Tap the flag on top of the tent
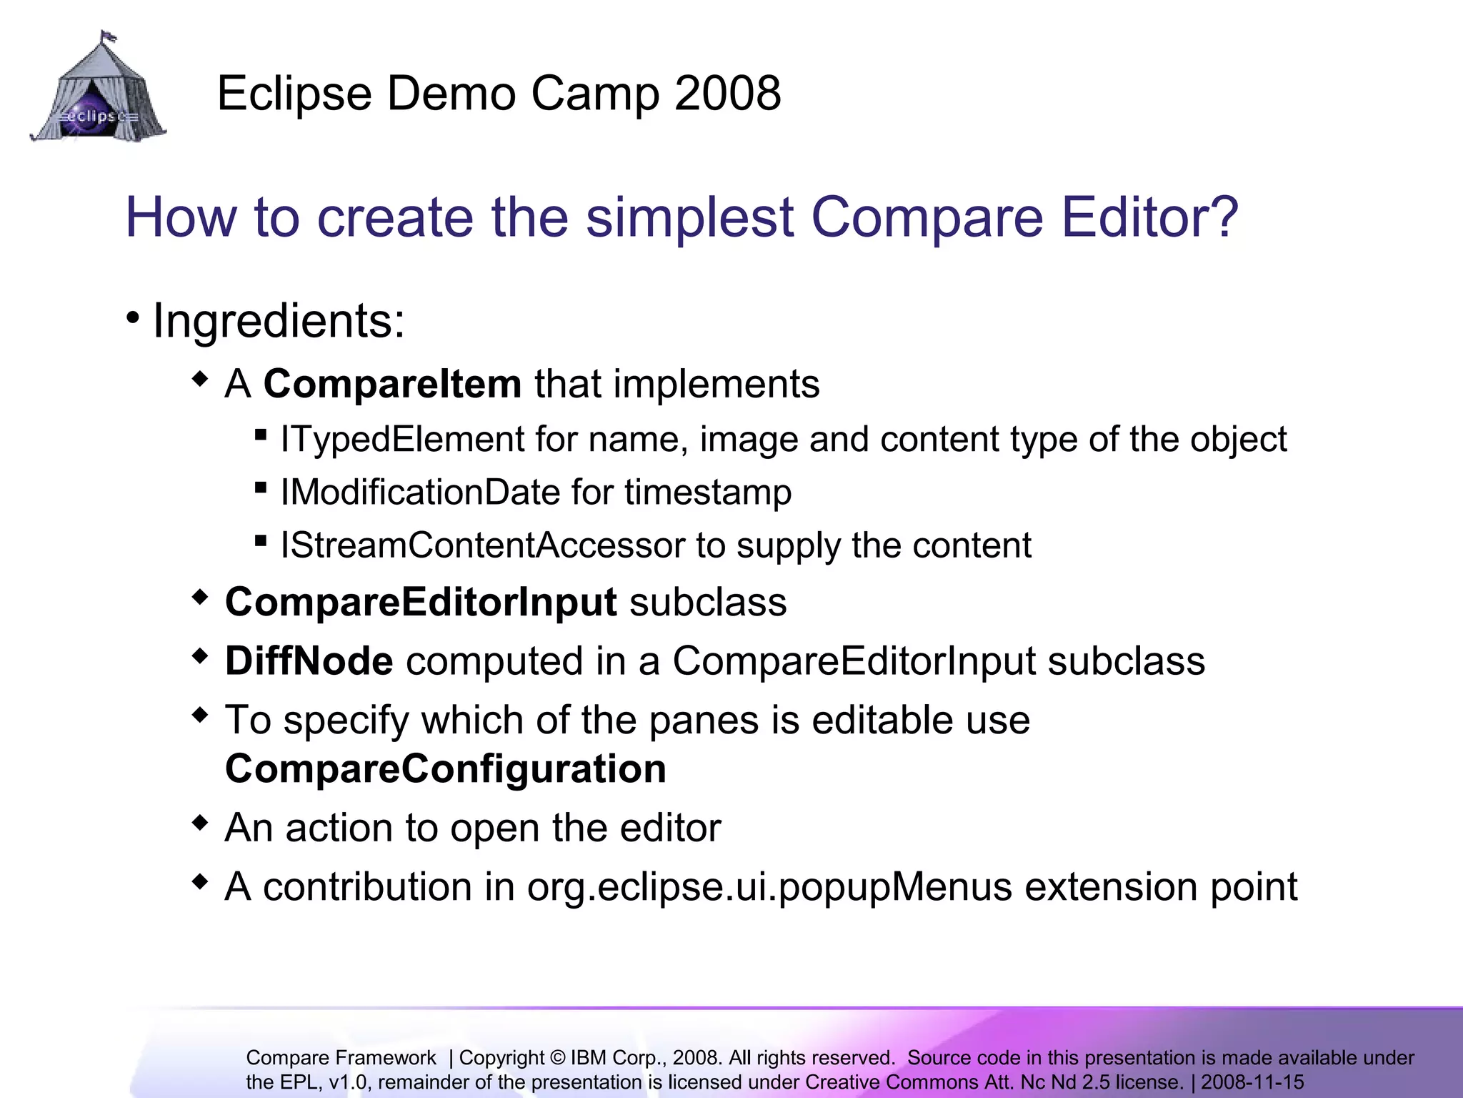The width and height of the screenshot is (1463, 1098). [x=108, y=35]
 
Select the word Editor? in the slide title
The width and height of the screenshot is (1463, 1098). [x=1149, y=217]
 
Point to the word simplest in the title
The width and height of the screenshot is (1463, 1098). [x=689, y=219]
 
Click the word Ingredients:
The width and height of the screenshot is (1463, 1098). [x=279, y=321]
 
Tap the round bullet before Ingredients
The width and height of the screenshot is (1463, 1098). [x=133, y=317]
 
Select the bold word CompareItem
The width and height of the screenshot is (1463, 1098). [x=392, y=384]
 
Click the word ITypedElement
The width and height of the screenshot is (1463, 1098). [x=402, y=439]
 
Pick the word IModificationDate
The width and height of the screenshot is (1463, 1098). [x=420, y=493]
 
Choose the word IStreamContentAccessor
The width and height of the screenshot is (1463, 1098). [x=482, y=545]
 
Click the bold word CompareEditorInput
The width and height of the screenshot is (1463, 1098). [x=421, y=602]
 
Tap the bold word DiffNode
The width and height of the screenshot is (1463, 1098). [x=309, y=661]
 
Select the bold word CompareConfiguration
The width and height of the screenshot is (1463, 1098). [x=446, y=769]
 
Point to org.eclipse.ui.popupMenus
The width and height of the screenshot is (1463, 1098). [x=769, y=887]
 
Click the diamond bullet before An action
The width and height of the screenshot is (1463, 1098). [x=201, y=823]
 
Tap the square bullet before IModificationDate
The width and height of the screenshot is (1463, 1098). [x=261, y=488]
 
